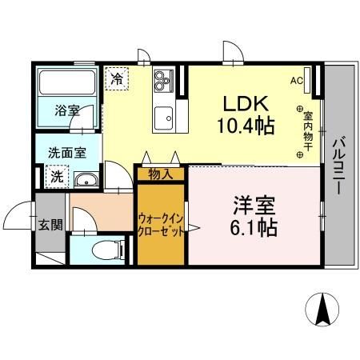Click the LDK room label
click(241, 104)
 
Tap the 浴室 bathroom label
click(66, 110)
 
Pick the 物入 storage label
click(160, 172)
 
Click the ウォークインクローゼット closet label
click(161, 223)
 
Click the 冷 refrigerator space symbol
click(117, 78)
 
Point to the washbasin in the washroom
click(88, 179)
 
